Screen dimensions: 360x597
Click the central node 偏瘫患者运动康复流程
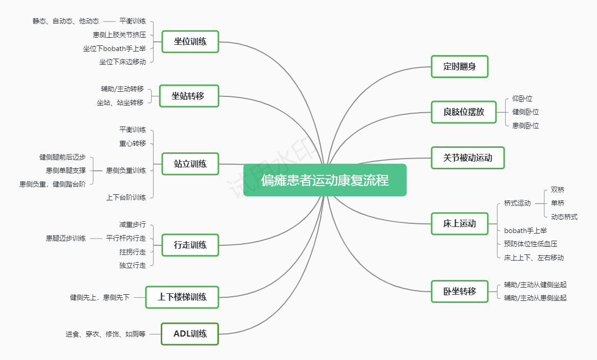click(x=325, y=180)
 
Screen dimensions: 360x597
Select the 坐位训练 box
click(x=190, y=41)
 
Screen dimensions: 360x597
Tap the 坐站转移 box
click(x=189, y=96)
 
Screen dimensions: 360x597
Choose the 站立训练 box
click(x=190, y=164)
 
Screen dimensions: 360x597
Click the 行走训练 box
click(x=190, y=245)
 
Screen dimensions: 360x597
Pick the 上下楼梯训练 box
click(x=182, y=297)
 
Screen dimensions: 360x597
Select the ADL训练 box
click(x=190, y=334)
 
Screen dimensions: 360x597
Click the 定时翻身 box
click(x=459, y=66)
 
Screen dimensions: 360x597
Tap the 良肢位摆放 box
click(x=463, y=112)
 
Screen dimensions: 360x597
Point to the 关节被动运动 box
click(x=467, y=158)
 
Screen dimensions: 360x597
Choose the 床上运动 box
click(x=459, y=223)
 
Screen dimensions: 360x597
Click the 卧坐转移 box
click(x=459, y=291)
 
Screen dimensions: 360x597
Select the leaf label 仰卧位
click(x=522, y=98)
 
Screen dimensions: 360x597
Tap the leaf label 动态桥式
click(x=564, y=217)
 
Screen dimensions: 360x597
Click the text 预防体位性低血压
click(x=530, y=244)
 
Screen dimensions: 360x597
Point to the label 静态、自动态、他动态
click(x=66, y=21)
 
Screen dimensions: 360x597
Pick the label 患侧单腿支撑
click(x=66, y=170)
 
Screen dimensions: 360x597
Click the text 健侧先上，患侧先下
click(x=99, y=297)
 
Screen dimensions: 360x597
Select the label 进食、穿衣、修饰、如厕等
click(x=105, y=334)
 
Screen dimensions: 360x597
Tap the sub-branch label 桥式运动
click(x=517, y=203)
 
